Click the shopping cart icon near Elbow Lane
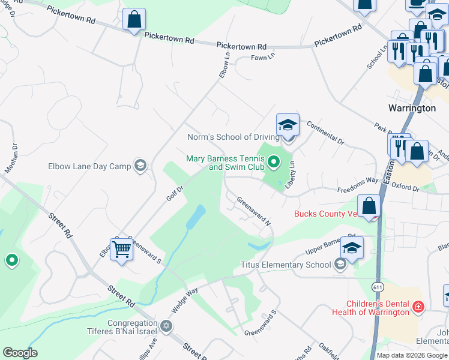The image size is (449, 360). click(x=121, y=249)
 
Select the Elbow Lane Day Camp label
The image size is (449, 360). click(x=89, y=166)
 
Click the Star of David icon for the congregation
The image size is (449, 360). click(x=166, y=327)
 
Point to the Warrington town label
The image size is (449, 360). click(x=412, y=108)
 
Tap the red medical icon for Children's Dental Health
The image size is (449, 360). click(x=418, y=308)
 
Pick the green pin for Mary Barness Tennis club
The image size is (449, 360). click(x=274, y=161)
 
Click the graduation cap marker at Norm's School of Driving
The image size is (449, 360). click(x=288, y=125)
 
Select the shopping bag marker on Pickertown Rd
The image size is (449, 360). click(x=134, y=19)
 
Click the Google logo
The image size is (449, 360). click(x=20, y=353)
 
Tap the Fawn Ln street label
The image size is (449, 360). click(x=263, y=56)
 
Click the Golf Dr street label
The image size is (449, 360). click(x=174, y=193)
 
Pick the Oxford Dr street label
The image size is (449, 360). click(x=405, y=187)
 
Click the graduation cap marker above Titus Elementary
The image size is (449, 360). click(x=352, y=248)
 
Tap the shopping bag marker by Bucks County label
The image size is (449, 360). click(x=369, y=206)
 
